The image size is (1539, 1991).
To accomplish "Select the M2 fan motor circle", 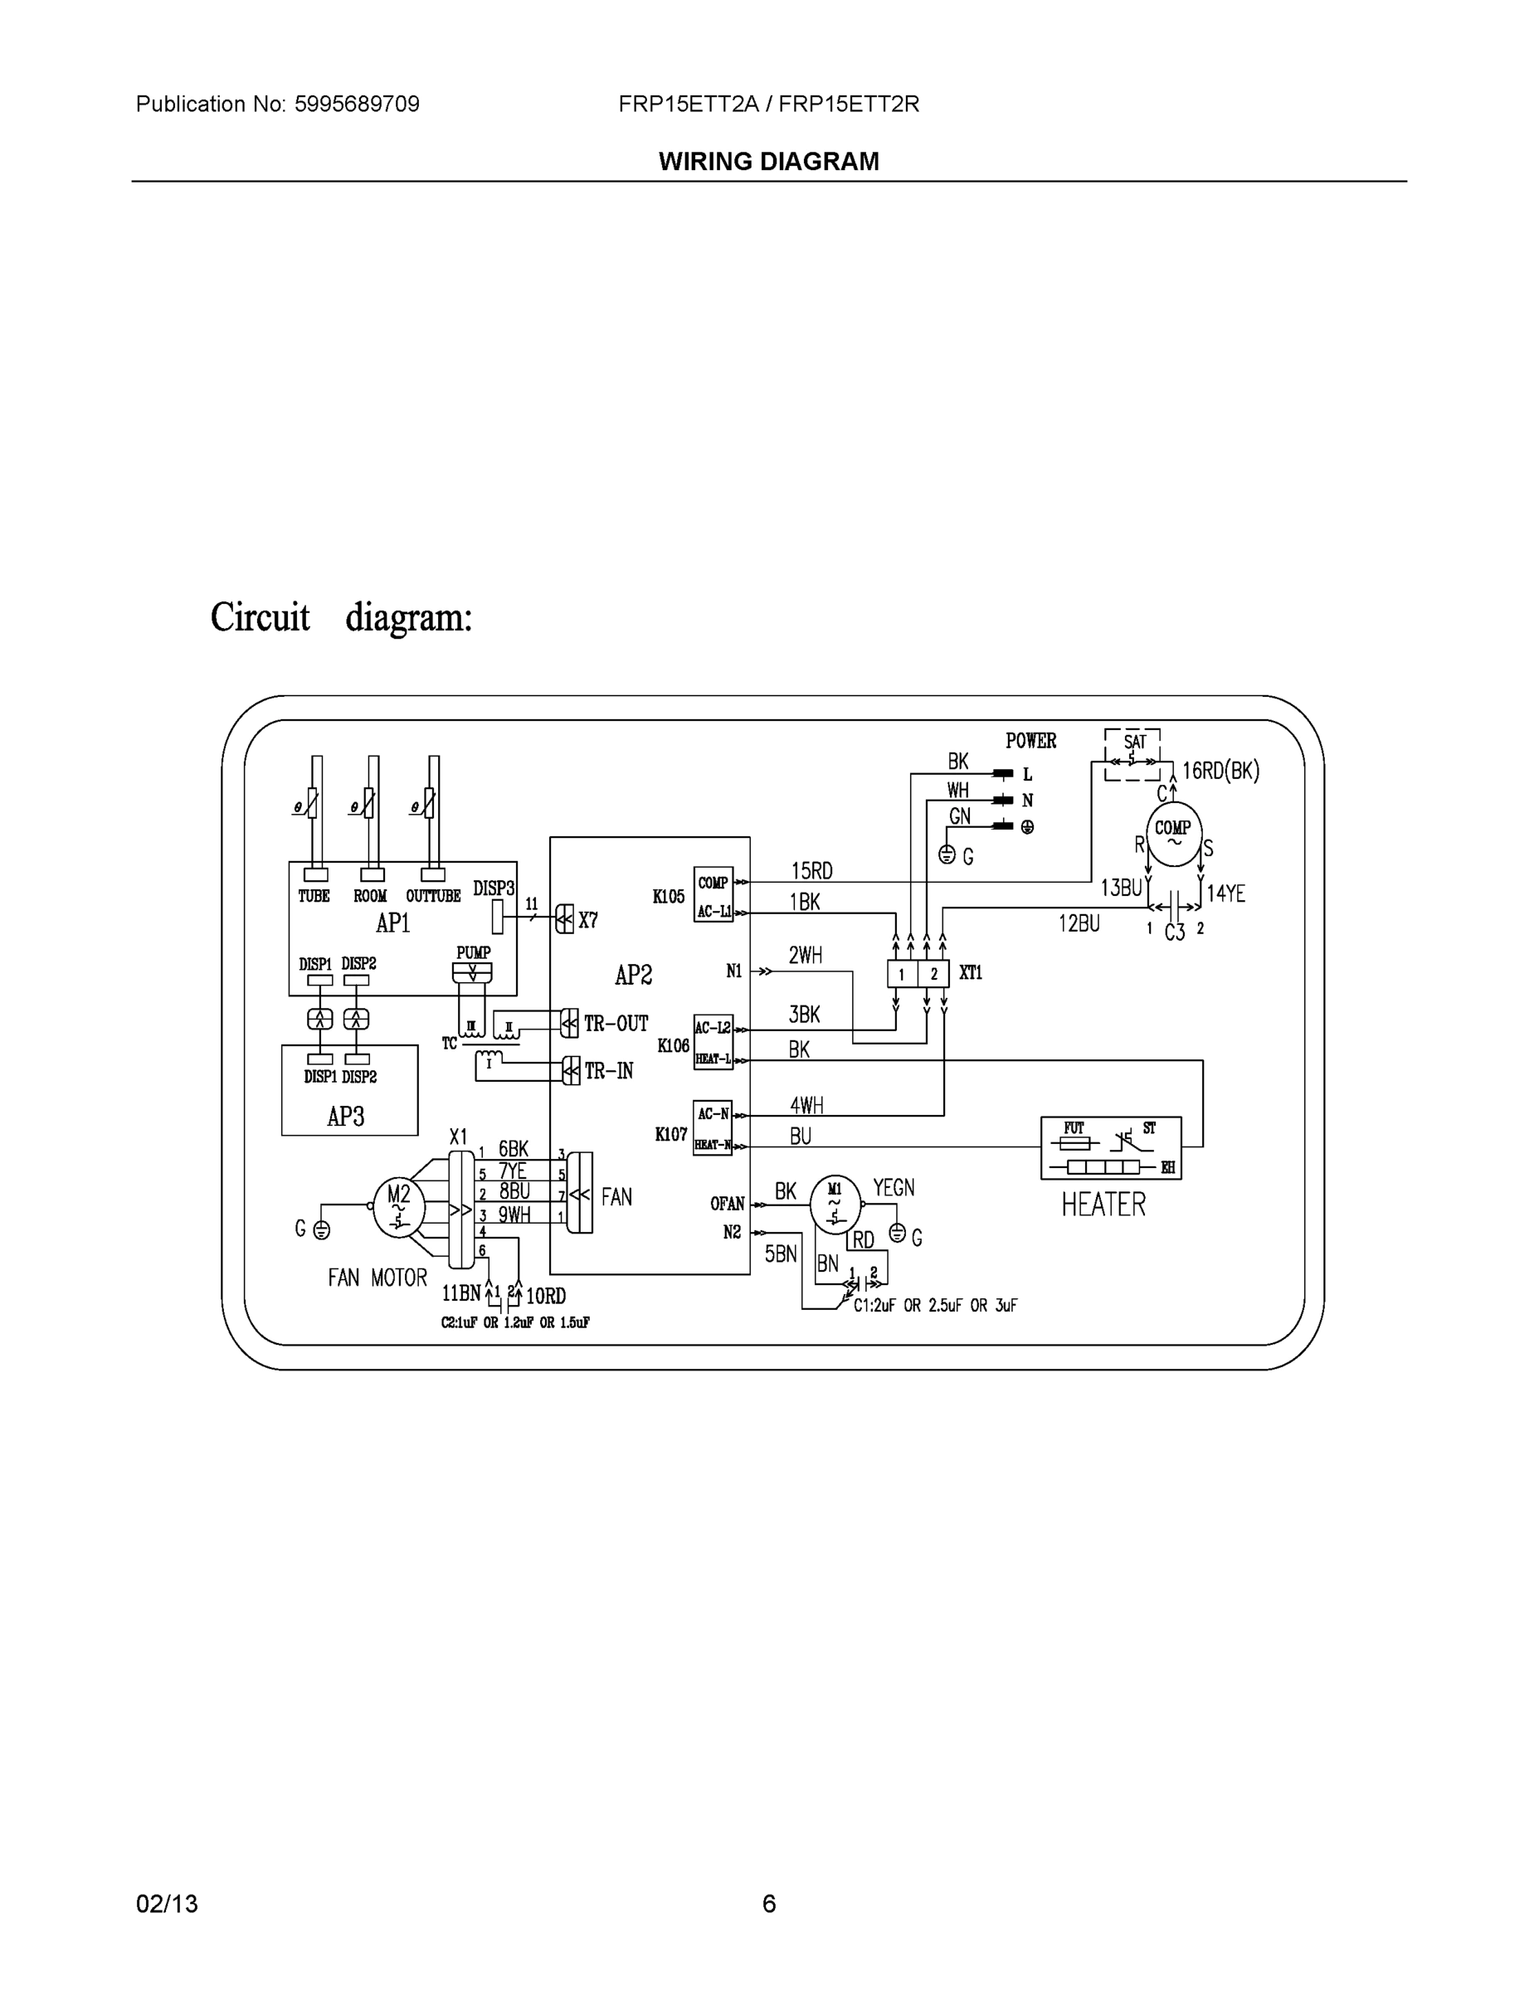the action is tap(399, 1207).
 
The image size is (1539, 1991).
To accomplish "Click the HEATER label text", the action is tap(1103, 1205).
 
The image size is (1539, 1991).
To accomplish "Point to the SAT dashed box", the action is tap(1132, 755).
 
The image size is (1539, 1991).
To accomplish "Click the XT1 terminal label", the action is tap(971, 973).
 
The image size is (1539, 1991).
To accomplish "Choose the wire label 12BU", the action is tap(1079, 923).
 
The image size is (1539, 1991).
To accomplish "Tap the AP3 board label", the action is tap(345, 1116).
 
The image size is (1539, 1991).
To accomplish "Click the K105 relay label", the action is tap(669, 896).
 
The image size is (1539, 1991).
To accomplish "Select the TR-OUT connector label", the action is tap(616, 1024).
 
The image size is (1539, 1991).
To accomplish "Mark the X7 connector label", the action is tap(588, 920).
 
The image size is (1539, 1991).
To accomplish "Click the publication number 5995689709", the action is tap(357, 104).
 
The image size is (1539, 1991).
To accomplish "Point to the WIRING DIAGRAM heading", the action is tap(768, 162).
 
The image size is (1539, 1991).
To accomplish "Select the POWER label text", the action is tap(1030, 740).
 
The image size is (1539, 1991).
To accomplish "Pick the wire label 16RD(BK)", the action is tap(1220, 771).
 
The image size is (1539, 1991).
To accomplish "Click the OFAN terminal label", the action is tap(727, 1204).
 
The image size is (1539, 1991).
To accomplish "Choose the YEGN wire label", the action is tap(894, 1187).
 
